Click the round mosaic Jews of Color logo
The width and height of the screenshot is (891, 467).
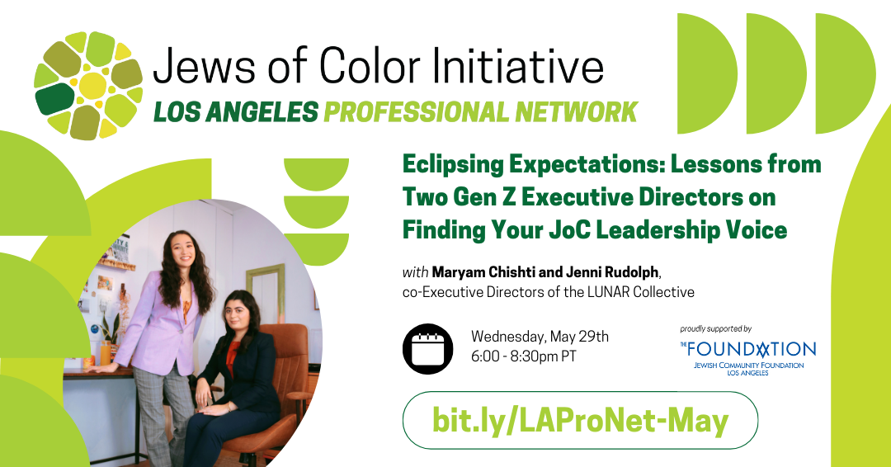88,85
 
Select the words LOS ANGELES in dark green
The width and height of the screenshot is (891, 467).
236,112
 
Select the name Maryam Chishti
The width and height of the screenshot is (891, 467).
483,272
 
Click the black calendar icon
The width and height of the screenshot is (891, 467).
428,349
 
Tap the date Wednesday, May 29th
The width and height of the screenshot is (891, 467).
540,337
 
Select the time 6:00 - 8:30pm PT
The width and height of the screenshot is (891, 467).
523,356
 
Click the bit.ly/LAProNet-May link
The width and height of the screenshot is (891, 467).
580,421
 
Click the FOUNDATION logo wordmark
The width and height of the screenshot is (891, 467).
747,349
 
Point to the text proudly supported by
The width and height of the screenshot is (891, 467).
715,329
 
